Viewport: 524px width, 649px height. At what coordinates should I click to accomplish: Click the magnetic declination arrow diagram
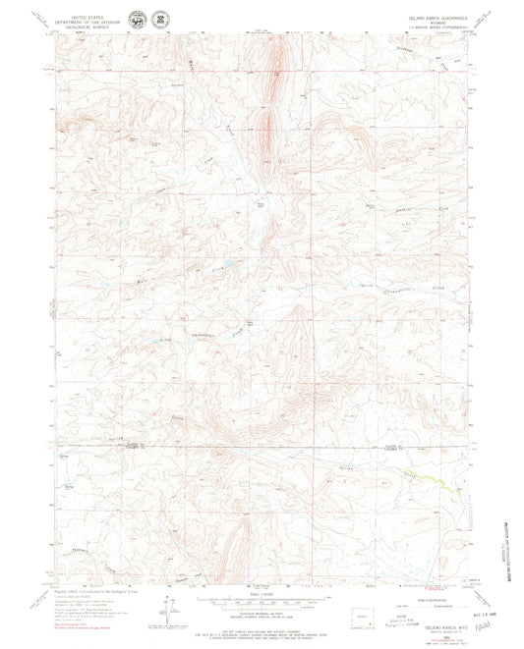tap(168, 622)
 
